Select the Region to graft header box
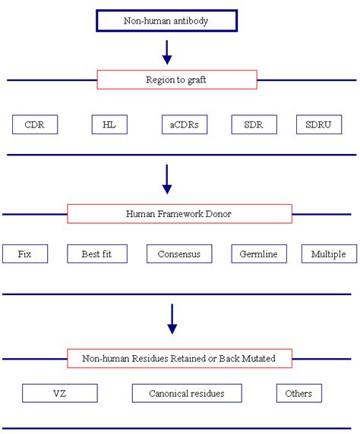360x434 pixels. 177,80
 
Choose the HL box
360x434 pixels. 109,124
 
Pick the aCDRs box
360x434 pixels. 184,124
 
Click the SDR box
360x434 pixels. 253,124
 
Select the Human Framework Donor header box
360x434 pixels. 178,214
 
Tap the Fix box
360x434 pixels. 25,253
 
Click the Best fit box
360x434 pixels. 95,253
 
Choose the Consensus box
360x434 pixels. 179,253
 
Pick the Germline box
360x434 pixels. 259,253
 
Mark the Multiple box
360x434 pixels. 328,253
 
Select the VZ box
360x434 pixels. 60,392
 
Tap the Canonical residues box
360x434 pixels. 187,392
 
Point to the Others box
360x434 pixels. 298,392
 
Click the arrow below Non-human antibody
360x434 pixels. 168,52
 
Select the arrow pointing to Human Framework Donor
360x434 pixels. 168,179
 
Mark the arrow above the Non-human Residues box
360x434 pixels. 172,318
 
